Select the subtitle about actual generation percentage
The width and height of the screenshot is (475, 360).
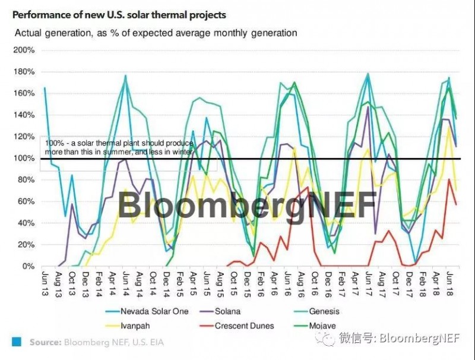156,33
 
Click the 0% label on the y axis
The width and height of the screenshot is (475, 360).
28,266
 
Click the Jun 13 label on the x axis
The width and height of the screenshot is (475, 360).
45,282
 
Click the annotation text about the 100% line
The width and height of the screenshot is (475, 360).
119,148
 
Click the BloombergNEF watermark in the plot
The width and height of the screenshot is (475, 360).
246,205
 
